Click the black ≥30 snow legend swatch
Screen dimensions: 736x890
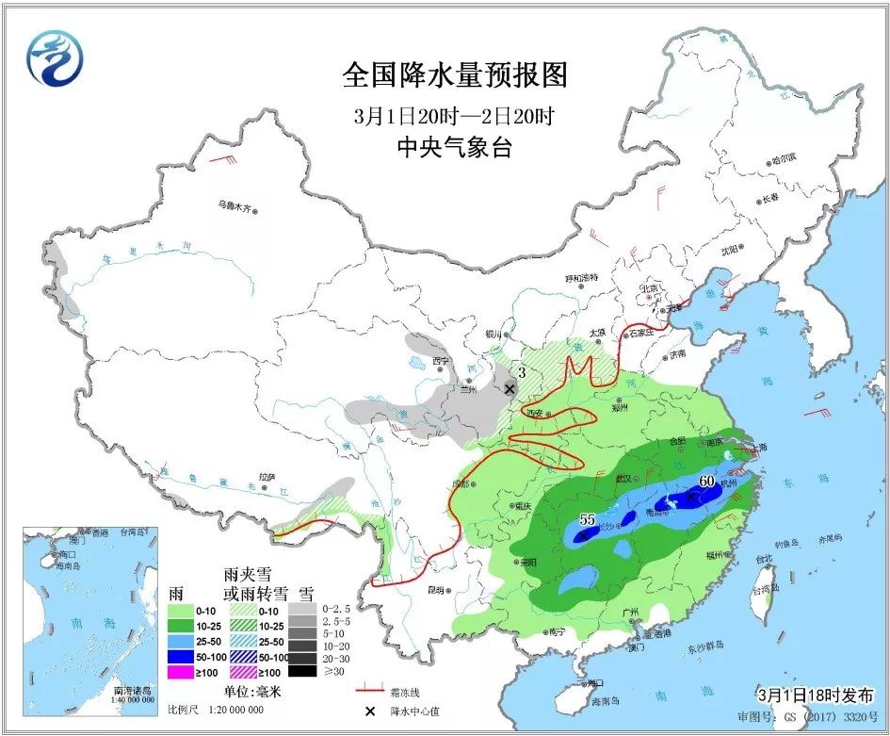301,671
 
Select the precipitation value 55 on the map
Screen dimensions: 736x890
588,519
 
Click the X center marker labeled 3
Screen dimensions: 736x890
510,388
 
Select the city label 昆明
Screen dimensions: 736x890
435,591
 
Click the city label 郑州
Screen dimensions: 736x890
618,408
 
